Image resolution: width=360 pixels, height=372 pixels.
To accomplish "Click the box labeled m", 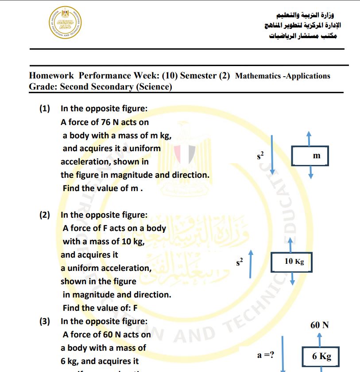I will (310, 156).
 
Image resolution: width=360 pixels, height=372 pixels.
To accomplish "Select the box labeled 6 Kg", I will (321, 356).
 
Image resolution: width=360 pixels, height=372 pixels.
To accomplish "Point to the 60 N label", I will (319, 325).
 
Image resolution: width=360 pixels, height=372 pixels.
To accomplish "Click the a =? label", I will (266, 355).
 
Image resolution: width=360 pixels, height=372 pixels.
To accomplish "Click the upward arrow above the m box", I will (309, 137).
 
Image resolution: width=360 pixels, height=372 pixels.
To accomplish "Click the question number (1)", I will (45, 109).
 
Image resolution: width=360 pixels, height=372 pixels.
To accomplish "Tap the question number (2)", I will (45, 215).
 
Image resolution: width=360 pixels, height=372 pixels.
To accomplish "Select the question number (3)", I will (45, 321).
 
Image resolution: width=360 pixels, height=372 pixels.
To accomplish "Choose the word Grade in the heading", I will (42, 87).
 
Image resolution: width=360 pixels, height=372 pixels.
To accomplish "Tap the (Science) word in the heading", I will (154, 87).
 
